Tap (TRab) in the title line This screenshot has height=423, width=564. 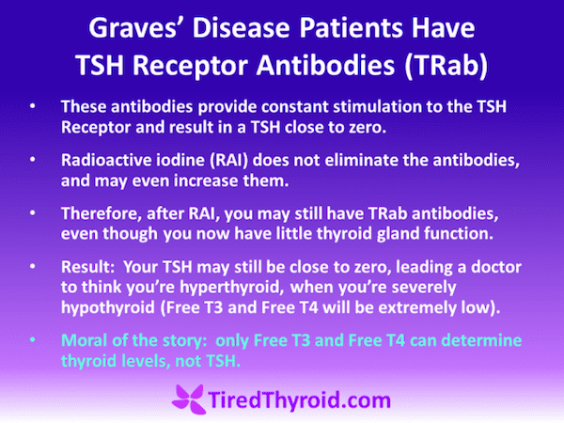[446, 66]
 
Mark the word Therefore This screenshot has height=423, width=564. [102, 214]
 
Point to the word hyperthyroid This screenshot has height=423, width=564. [229, 288]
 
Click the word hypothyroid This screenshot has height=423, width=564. [108, 308]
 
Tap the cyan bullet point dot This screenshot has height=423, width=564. [33, 340]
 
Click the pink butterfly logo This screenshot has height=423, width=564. [189, 399]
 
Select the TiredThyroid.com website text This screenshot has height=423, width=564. [299, 400]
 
